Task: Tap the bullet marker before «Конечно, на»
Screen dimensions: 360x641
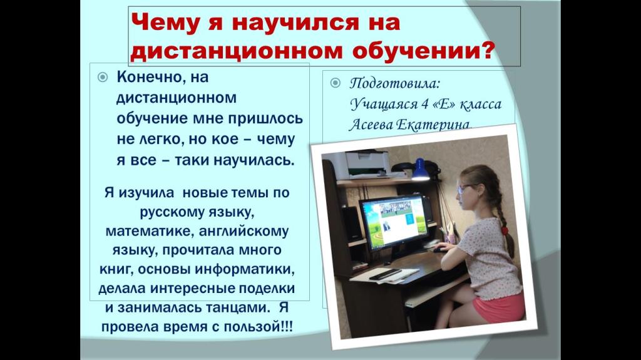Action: click(x=103, y=78)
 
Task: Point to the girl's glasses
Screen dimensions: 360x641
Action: click(x=464, y=188)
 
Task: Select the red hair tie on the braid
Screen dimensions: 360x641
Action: click(x=505, y=230)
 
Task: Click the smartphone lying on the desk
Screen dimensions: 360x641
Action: click(x=384, y=274)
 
